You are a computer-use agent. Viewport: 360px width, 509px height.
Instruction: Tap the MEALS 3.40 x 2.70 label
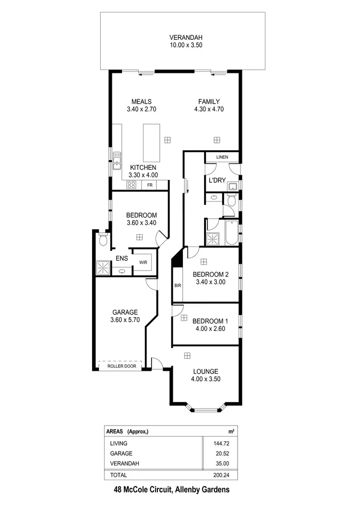[142, 105]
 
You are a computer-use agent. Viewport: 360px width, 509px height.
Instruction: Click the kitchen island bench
[152, 143]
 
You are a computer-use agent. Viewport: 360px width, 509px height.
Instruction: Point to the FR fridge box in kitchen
[150, 185]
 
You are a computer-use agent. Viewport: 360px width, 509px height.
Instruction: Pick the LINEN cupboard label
[222, 157]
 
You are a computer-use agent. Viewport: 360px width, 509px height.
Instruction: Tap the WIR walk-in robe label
[143, 263]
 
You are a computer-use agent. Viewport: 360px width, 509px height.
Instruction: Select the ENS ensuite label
[121, 259]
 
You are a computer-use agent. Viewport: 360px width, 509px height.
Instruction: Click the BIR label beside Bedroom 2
[178, 285]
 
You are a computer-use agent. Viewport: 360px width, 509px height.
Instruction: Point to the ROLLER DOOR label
[121, 367]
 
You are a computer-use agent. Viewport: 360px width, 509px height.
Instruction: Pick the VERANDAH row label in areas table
[125, 463]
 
